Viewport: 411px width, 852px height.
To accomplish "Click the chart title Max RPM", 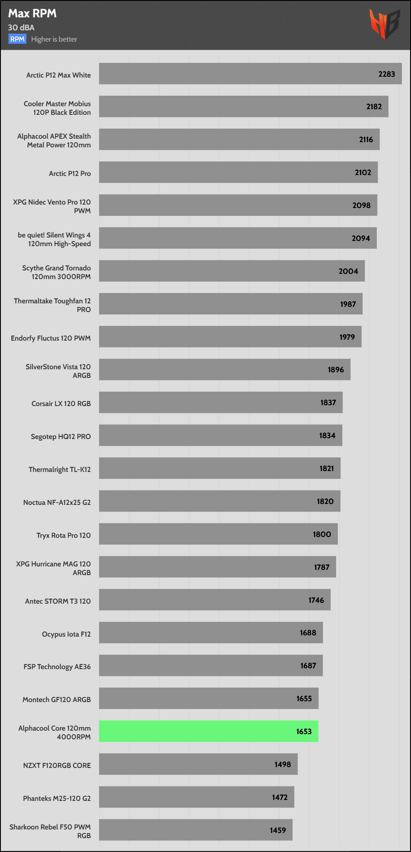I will tap(32, 13).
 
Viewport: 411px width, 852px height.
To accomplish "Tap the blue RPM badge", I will tap(17, 39).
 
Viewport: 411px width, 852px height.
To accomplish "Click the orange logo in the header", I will tap(384, 24).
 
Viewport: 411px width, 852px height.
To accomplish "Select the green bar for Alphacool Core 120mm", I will tap(208, 731).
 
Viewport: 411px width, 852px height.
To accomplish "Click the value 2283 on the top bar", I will tap(386, 74).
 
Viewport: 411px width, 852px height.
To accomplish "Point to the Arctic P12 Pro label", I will tap(70, 173).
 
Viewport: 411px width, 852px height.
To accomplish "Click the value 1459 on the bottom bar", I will tap(278, 830).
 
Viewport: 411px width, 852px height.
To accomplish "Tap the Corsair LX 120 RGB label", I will tap(61, 403).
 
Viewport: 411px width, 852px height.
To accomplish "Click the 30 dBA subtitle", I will tap(21, 27).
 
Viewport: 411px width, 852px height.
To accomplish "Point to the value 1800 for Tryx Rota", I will tap(322, 534).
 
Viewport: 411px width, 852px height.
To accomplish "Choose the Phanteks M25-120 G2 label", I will tap(57, 798).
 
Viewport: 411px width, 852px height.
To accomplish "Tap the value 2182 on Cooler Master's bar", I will tap(374, 107).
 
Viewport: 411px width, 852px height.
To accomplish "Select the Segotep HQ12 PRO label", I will tap(61, 436).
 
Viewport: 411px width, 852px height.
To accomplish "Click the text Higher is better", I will tap(54, 39).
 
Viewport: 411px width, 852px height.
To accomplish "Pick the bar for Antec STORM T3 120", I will tap(214, 600).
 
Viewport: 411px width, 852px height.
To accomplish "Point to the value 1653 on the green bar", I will tap(304, 732).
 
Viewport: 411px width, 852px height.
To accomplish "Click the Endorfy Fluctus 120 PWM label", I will tap(51, 338).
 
